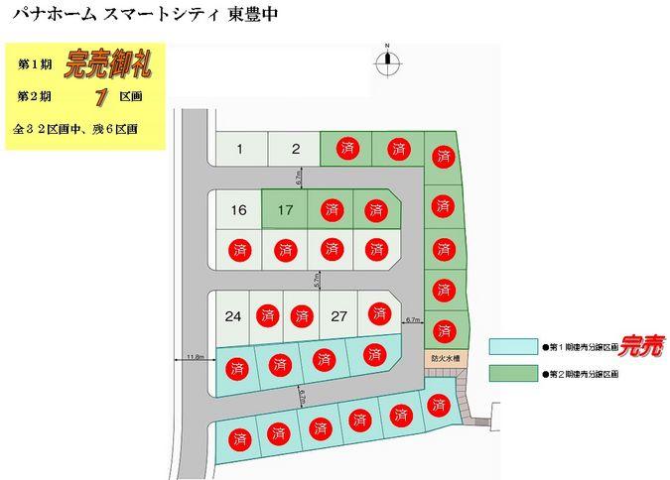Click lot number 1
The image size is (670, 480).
click(240, 150)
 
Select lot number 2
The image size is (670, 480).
click(296, 150)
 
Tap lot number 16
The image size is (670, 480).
click(238, 209)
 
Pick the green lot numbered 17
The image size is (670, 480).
click(286, 209)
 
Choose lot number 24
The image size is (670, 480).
click(233, 316)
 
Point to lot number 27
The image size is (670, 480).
click(339, 316)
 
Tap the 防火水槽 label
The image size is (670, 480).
click(445, 357)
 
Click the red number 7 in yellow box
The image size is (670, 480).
click(101, 97)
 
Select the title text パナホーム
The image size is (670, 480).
click(47, 15)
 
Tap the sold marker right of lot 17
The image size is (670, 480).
click(331, 209)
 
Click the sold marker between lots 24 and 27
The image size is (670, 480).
click(301, 316)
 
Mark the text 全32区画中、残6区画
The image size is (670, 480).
click(75, 129)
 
